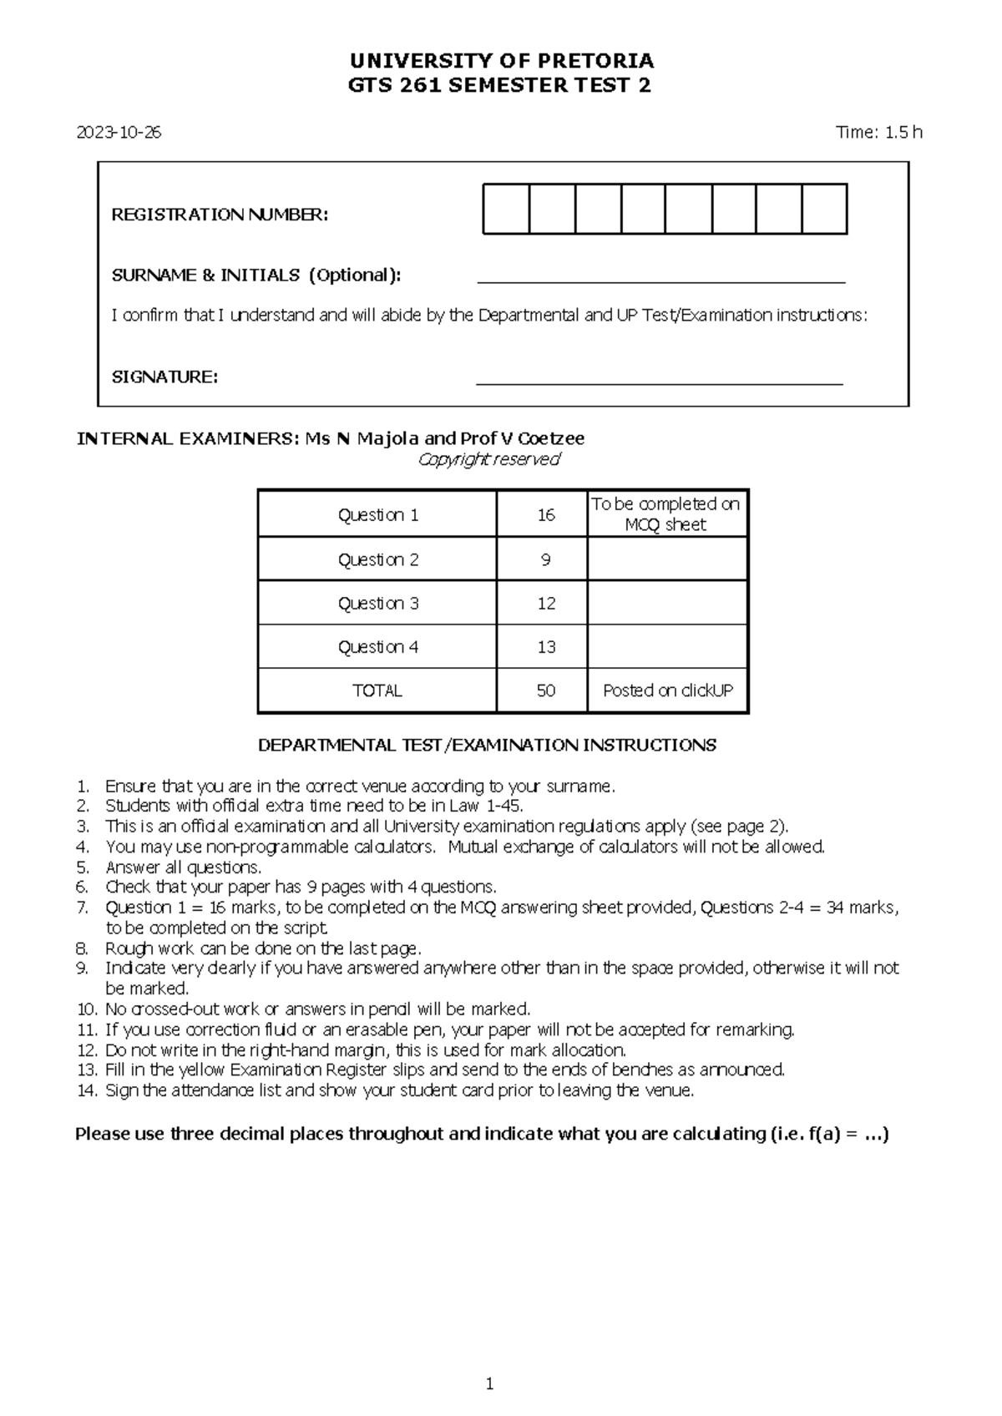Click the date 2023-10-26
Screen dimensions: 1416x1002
pos(119,133)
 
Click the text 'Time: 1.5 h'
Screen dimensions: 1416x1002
pos(879,132)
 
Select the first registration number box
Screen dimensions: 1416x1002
pos(506,210)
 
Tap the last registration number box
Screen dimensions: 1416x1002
pos(824,210)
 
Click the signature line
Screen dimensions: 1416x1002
pos(659,382)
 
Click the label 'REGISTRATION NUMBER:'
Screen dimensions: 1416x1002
pos(220,215)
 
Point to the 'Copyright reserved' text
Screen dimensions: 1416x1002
pos(488,459)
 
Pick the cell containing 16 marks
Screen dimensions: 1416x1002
pos(545,515)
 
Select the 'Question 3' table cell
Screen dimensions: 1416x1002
pos(377,604)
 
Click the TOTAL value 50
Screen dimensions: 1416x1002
pos(545,691)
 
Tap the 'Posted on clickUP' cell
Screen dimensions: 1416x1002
pos(667,691)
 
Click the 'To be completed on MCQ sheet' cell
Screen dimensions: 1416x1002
pos(665,514)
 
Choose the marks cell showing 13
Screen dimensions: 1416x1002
pos(546,648)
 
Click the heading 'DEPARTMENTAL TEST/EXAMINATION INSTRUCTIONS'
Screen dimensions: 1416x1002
pos(487,746)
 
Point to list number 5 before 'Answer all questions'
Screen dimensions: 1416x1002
pos(82,867)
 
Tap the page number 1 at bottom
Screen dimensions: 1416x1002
pos(490,1384)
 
